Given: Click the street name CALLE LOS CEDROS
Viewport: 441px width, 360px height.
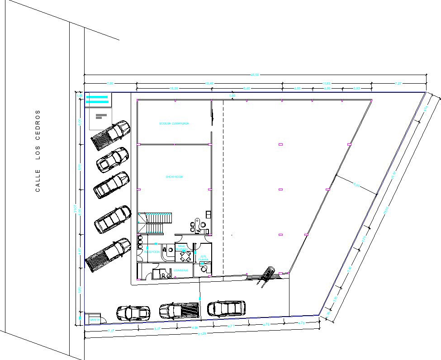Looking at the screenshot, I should point(38,151).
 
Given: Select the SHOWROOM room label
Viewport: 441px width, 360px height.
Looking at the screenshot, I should point(174,177).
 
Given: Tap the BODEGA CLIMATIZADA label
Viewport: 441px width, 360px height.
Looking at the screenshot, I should point(174,123).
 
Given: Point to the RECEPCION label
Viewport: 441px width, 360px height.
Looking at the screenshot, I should point(152,252).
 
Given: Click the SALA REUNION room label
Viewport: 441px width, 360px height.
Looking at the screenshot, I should point(181,248).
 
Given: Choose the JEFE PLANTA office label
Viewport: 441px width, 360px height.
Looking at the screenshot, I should point(203,258).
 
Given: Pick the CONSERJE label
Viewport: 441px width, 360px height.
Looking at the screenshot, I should point(181,270).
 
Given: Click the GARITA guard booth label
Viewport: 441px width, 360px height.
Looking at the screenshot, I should point(95,320).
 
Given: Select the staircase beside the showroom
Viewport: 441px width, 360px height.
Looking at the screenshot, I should point(155,222).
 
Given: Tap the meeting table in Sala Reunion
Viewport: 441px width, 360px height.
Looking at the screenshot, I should point(185,256).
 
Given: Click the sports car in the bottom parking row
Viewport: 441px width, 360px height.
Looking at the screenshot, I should point(133,313).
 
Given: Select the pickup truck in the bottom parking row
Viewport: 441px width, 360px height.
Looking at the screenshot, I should point(179,311).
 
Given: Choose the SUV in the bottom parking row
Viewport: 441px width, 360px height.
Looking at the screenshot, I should point(226,308).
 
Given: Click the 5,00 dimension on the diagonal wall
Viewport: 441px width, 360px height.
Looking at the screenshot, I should point(356,185).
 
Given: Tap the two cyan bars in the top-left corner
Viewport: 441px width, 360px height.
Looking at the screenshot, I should point(97,99).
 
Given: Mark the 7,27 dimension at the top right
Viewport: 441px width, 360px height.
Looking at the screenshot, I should point(398,84).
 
